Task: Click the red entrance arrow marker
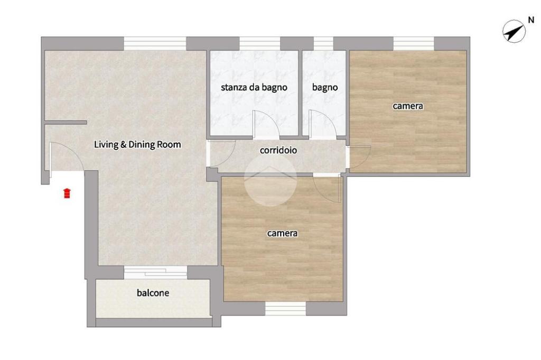tap(67, 193)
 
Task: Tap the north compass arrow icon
tap(514, 31)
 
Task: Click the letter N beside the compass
tap(531, 21)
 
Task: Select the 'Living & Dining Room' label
tap(137, 144)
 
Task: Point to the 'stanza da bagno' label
tap(254, 87)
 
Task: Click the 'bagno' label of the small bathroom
tap(325, 88)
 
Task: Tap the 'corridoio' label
tap(278, 150)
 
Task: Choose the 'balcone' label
tap(153, 293)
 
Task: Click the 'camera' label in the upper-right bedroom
tap(408, 106)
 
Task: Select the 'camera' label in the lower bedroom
tap(282, 233)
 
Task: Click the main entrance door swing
tap(66, 158)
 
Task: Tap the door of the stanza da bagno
tap(265, 124)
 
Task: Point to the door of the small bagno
tap(322, 124)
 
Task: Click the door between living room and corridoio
tap(221, 153)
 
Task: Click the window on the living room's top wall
tap(155, 43)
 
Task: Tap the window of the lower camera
tap(285, 309)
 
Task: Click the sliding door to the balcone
tap(155, 272)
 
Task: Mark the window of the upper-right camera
tap(414, 43)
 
